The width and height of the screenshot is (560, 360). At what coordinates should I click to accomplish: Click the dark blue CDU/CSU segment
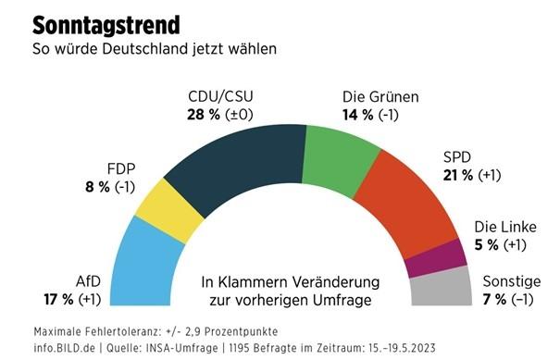click(x=244, y=162)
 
